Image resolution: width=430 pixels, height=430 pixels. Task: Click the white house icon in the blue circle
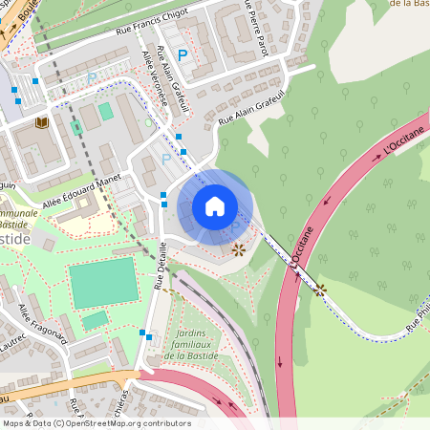pyautogui.click(x=215, y=206)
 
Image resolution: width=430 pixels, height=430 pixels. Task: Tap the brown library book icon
pyautogui.click(x=41, y=122)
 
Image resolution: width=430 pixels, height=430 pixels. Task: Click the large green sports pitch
pyautogui.click(x=101, y=283)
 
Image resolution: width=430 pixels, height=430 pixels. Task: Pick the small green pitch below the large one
pyautogui.click(x=95, y=320)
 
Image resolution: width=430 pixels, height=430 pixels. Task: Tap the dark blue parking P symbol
pyautogui.click(x=182, y=55)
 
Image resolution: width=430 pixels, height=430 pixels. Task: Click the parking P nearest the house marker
pyautogui.click(x=167, y=158)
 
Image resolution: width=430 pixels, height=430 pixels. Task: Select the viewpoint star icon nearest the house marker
pyautogui.click(x=238, y=249)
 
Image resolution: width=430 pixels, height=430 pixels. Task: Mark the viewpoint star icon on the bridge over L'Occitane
pyautogui.click(x=320, y=288)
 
